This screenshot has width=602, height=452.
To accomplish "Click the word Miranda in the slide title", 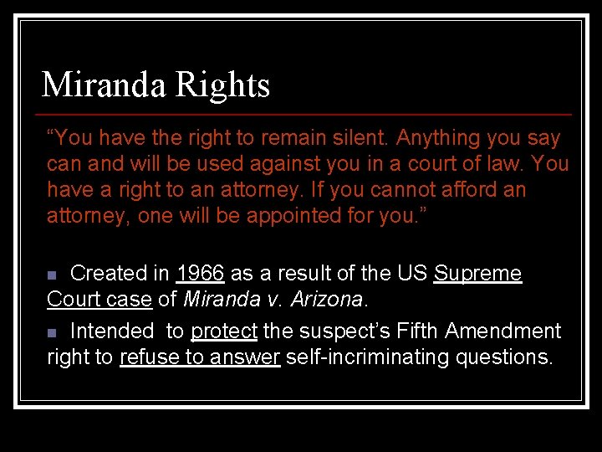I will tap(102, 85).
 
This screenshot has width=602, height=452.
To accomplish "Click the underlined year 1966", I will tap(201, 274).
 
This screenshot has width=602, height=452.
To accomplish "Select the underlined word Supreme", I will tap(477, 274).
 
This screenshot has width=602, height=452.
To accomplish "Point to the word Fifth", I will tap(418, 331).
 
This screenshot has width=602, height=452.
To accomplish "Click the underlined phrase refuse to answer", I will tap(199, 357).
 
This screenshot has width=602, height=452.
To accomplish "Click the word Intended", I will tap(112, 331).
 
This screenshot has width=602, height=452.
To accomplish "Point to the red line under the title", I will tap(306, 114).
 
